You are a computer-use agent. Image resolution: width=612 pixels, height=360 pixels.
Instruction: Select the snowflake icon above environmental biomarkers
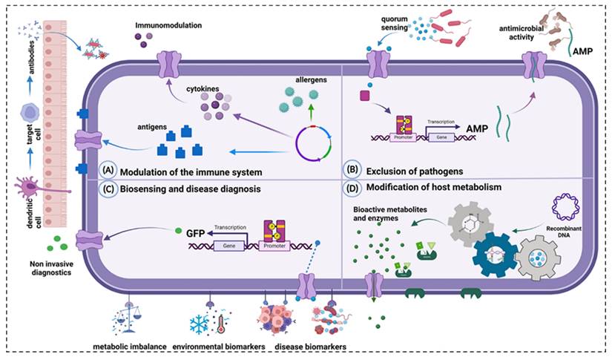pyautogui.click(x=199, y=324)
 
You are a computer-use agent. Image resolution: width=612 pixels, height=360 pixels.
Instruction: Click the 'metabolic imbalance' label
pyautogui.click(x=129, y=346)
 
